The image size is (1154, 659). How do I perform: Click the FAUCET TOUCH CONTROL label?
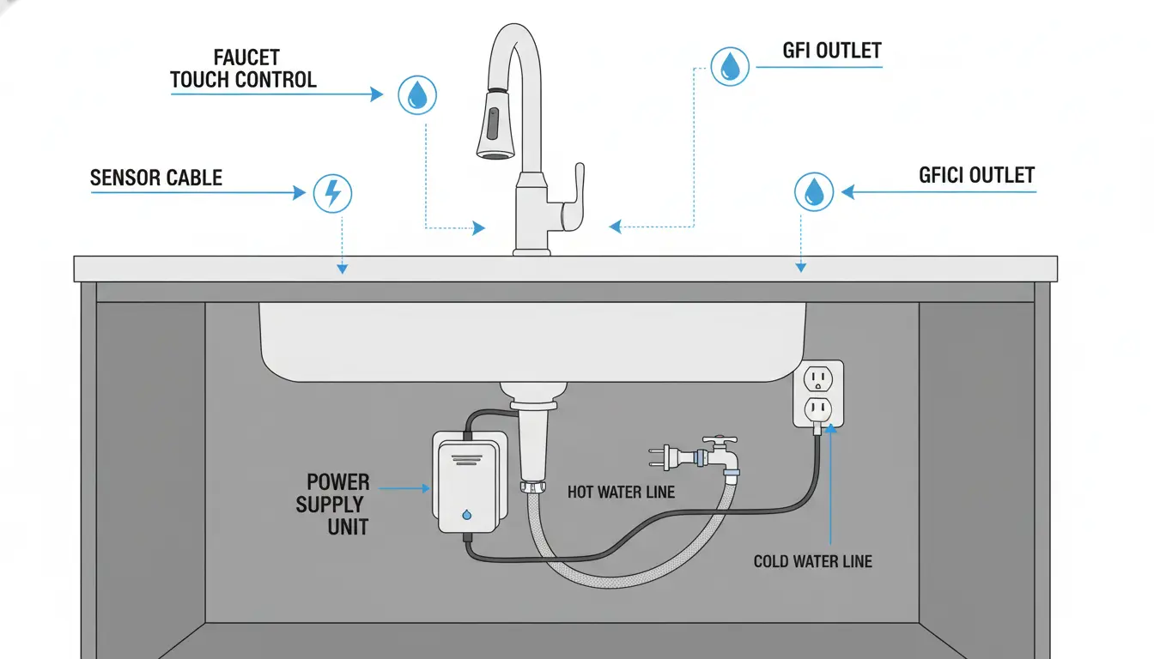point(244,70)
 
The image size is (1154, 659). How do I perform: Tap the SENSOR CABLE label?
point(156,178)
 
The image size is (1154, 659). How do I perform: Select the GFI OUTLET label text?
point(831,51)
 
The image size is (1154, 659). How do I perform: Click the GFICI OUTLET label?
point(976,176)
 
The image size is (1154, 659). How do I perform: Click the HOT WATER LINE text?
point(621,493)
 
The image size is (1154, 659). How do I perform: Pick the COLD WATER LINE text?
point(812,562)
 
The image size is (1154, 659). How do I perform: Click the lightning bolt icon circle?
point(331,193)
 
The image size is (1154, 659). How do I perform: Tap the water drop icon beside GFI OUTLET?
point(730,66)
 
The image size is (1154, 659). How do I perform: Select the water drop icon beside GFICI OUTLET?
point(813,191)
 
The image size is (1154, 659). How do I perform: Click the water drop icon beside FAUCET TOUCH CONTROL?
point(417,94)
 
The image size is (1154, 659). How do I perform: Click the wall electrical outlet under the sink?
point(817,393)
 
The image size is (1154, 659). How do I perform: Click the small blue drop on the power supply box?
point(465,515)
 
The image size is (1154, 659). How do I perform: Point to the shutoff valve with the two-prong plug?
point(714,455)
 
